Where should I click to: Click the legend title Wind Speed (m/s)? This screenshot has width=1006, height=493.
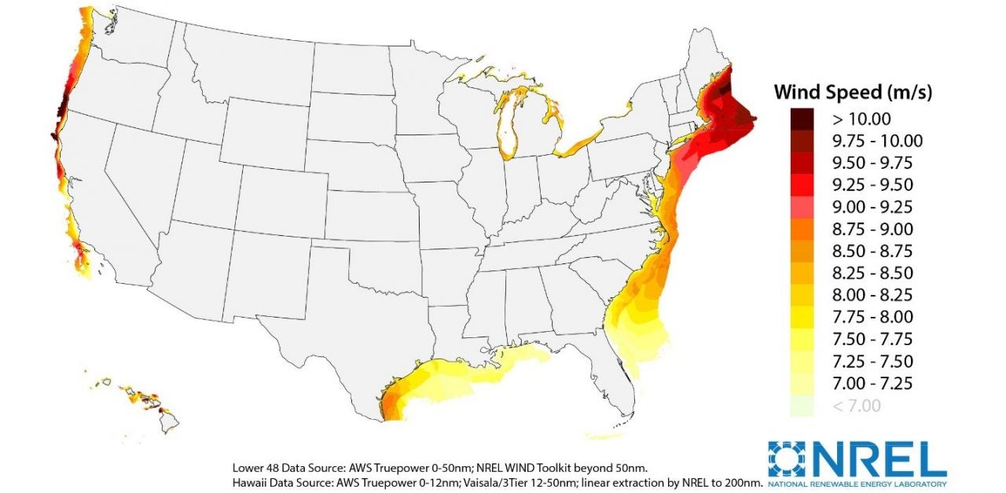click(x=853, y=92)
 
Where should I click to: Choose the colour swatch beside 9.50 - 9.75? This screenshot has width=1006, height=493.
click(x=802, y=163)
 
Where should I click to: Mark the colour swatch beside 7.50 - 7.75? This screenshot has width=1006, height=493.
click(x=802, y=339)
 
